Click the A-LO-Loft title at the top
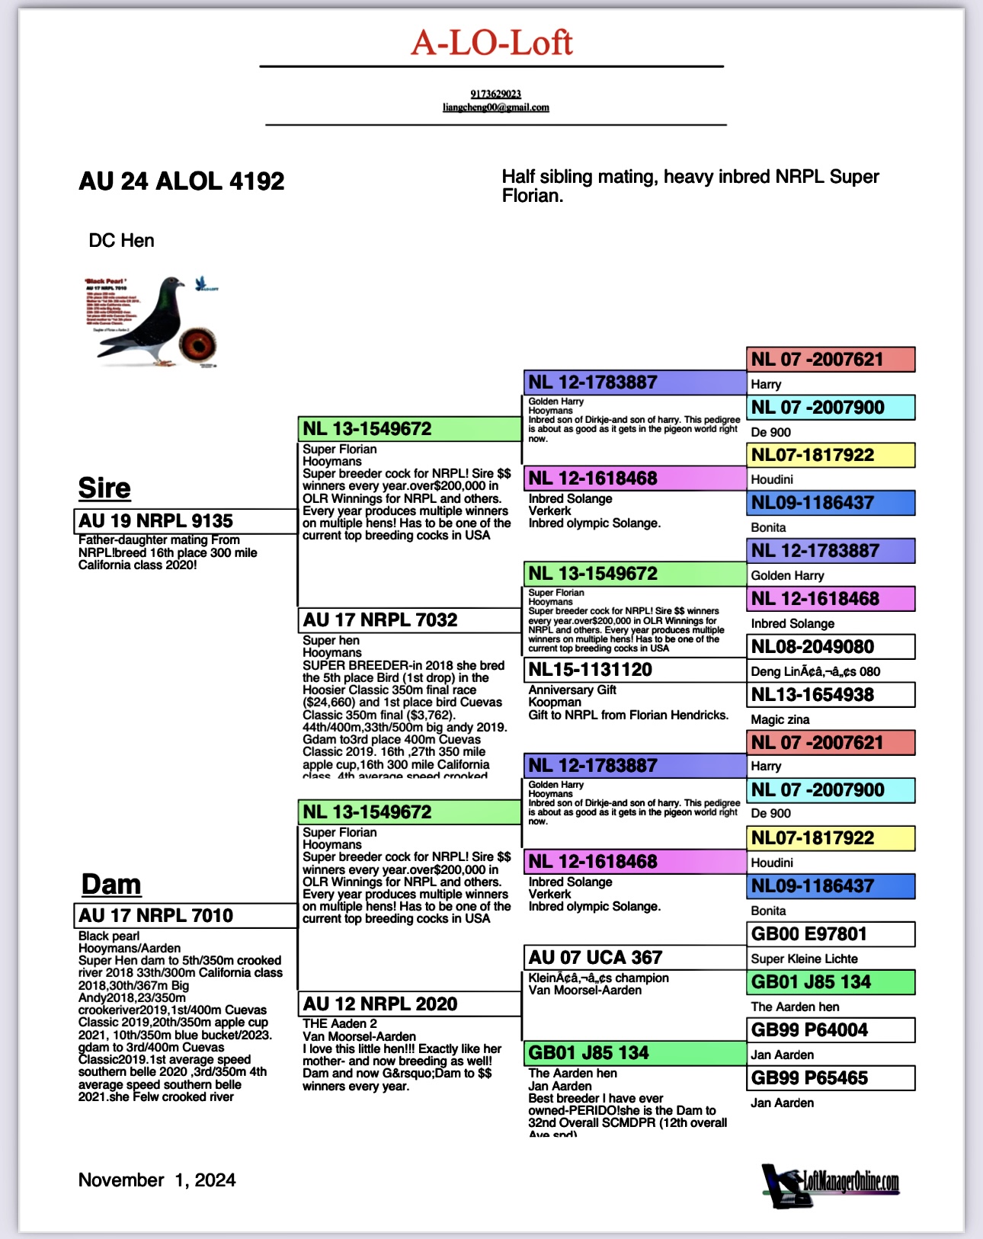[491, 43]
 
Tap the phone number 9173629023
[495, 94]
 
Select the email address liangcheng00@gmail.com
[495, 107]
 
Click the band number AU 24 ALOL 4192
[181, 181]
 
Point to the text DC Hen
[121, 241]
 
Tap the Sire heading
[104, 488]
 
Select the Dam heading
[111, 884]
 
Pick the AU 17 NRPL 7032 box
[408, 620]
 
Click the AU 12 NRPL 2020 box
[408, 1004]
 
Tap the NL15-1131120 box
[635, 670]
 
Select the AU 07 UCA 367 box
[635, 958]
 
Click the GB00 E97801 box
[831, 934]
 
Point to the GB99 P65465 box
[831, 1078]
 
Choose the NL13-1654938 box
[831, 695]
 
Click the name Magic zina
[780, 719]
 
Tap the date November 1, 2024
[157, 1180]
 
